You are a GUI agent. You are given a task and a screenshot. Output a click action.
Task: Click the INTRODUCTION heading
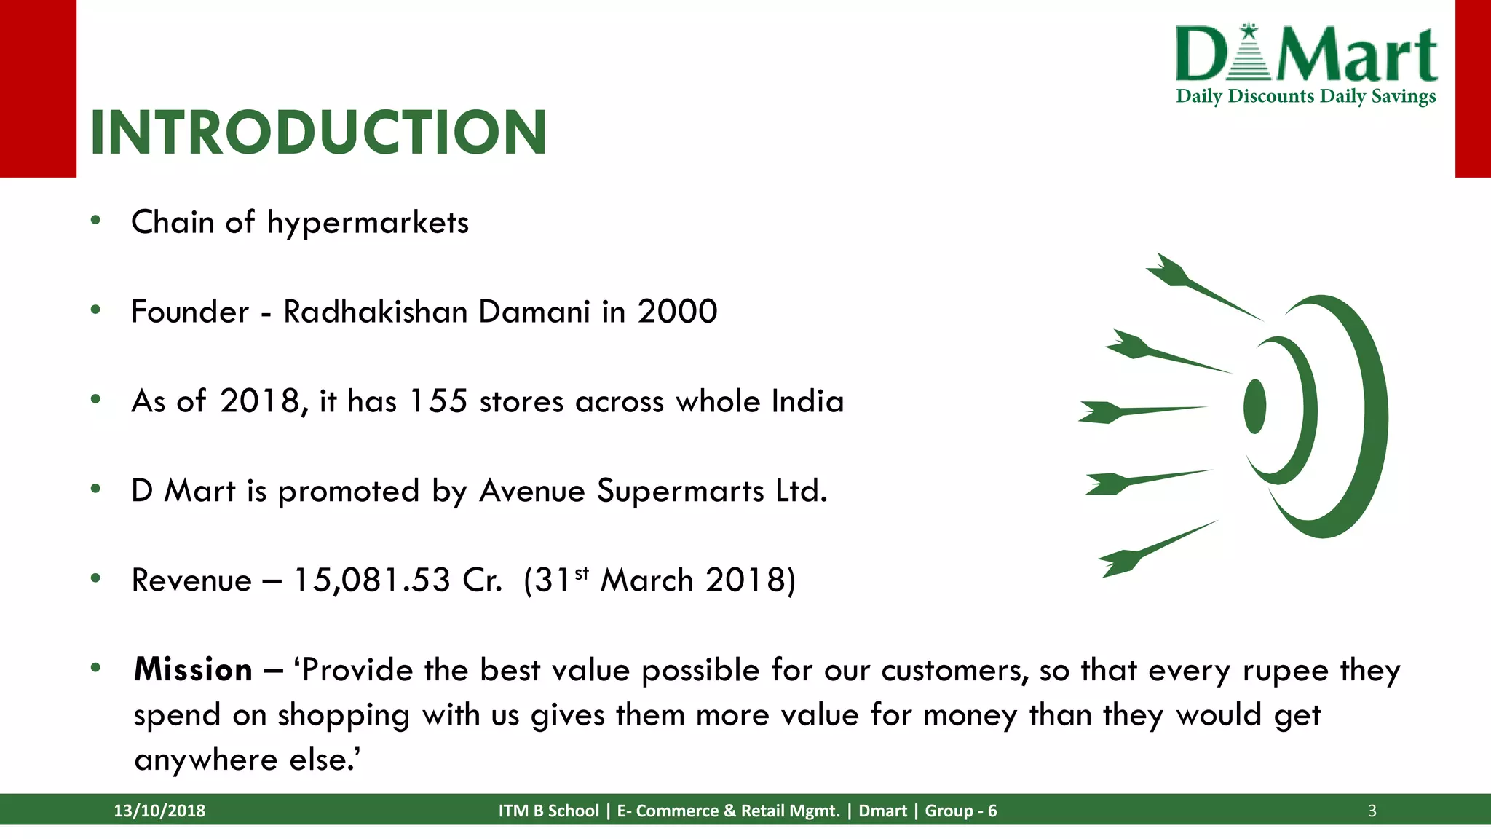318,133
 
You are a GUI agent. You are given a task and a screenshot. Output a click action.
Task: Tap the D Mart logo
1306,54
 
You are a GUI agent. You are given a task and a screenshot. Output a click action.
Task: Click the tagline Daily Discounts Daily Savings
1306,96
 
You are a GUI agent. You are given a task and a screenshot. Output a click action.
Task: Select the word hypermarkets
368,223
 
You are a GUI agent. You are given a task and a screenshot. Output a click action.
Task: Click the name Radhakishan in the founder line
375,312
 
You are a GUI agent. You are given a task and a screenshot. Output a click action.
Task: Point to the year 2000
677,312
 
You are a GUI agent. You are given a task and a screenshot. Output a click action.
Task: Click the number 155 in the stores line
438,401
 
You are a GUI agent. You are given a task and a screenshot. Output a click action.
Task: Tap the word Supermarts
680,491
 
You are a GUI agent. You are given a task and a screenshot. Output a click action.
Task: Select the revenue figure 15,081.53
372,580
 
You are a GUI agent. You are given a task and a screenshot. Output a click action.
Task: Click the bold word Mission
193,669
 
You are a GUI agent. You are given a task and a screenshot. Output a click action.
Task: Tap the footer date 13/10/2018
159,811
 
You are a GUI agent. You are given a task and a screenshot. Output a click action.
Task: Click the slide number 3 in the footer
1372,811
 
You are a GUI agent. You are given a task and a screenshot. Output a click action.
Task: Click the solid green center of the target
1254,406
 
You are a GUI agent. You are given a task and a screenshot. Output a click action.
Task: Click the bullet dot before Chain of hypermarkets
95,221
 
